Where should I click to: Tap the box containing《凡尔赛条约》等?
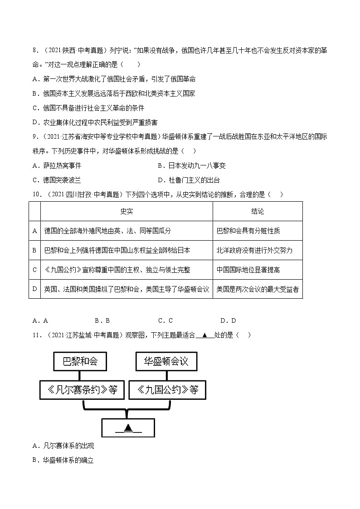coord(82,389)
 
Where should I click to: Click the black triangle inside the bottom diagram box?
coord(128,427)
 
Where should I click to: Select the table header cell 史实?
coord(126,212)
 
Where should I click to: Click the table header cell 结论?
coord(257,212)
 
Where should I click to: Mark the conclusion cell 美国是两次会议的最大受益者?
coord(257,289)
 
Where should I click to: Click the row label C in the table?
coord(34,270)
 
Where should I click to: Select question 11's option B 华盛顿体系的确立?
coord(63,460)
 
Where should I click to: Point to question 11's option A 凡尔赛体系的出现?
coord(63,446)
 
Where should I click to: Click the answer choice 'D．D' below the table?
coord(228,320)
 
